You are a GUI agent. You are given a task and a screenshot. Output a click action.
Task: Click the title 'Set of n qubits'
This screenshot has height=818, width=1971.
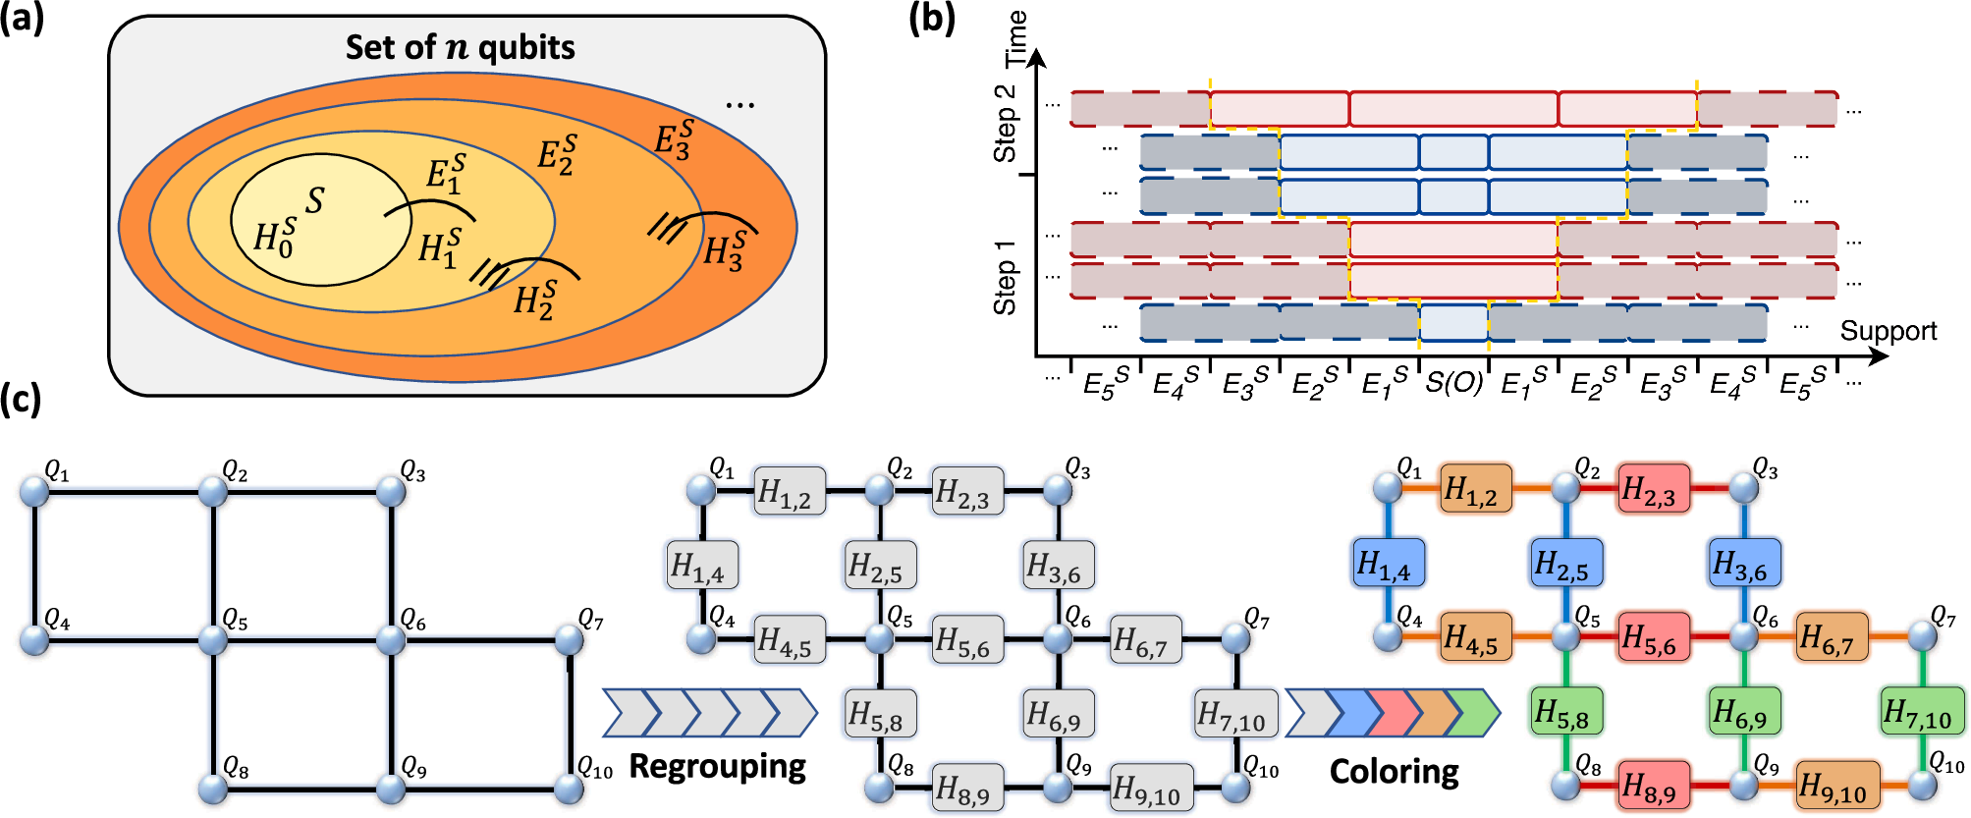click(x=460, y=47)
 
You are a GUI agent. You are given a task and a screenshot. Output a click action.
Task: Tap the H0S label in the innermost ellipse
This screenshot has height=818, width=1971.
click(x=274, y=238)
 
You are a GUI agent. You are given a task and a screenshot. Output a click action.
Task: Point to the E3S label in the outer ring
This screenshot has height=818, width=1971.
click(x=675, y=139)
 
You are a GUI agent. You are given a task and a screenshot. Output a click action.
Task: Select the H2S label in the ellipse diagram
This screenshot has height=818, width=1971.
click(x=534, y=300)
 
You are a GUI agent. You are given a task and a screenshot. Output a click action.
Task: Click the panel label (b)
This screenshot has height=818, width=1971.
click(x=931, y=18)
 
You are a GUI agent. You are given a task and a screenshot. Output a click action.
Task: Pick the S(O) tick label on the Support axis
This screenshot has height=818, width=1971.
click(x=1453, y=382)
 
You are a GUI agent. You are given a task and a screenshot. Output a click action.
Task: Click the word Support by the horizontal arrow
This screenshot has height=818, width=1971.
click(x=1888, y=331)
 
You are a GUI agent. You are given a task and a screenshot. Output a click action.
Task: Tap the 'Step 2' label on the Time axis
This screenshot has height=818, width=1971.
click(x=1005, y=123)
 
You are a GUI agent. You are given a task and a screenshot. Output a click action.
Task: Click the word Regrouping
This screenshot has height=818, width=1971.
click(x=717, y=766)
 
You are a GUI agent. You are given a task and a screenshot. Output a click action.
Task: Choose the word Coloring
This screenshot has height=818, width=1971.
click(x=1394, y=772)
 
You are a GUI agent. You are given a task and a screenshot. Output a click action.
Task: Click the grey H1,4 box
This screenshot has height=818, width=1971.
click(x=701, y=565)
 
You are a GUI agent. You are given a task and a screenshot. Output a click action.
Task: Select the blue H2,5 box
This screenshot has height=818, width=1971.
click(x=1565, y=564)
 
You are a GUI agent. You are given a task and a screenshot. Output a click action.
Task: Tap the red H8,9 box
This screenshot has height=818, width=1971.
click(x=1654, y=786)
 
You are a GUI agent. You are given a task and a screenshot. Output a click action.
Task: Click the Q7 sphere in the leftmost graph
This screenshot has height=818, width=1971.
click(x=569, y=640)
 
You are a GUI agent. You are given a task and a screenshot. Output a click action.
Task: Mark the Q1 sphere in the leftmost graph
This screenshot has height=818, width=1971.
click(x=34, y=491)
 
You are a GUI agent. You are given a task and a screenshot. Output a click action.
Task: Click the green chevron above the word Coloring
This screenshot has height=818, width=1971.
click(x=1471, y=713)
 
